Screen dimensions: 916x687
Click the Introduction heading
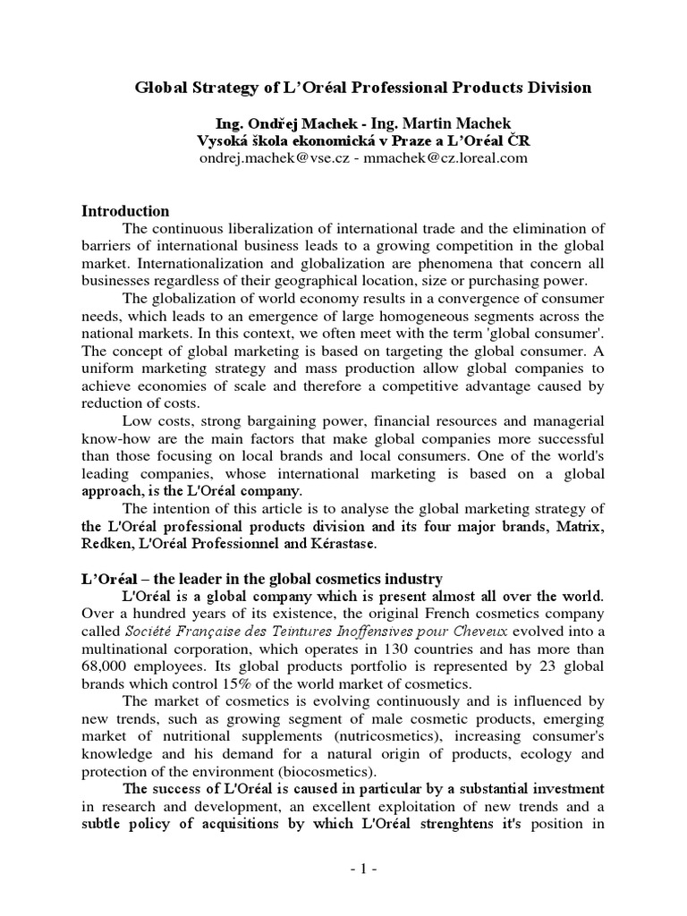[125, 211]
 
